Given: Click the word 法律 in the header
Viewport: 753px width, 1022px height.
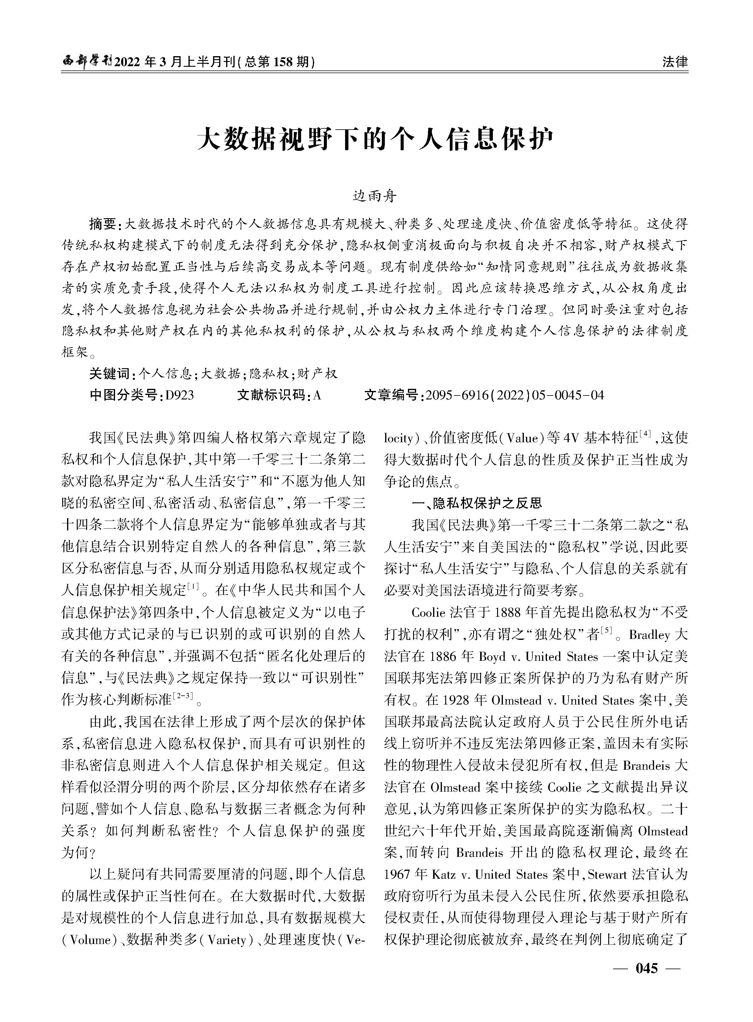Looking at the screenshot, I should tap(675, 62).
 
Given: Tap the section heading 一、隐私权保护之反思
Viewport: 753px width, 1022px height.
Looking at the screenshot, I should tap(477, 503).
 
